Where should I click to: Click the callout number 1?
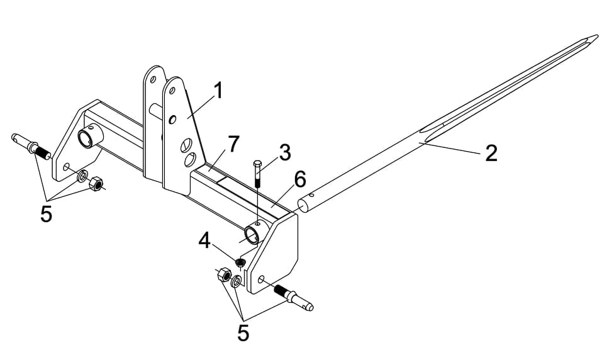tap(218, 91)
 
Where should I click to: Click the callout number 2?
tap(491, 152)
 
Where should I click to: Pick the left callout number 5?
tap(46, 214)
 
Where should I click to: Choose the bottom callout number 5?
tap(243, 332)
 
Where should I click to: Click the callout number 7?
tap(233, 144)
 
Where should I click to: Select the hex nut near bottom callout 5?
tap(222, 275)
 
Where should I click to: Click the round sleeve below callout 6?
tap(252, 235)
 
